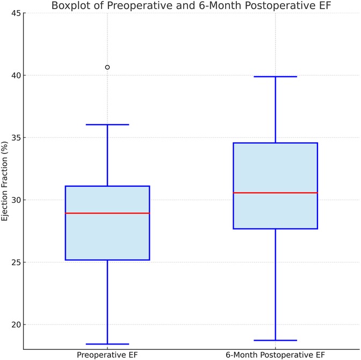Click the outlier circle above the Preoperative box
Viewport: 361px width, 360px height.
107,67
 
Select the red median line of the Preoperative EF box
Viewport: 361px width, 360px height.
107,213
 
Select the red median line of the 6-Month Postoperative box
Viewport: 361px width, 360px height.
275,193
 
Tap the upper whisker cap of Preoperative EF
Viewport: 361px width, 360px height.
107,124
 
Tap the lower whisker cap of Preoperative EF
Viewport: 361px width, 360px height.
107,344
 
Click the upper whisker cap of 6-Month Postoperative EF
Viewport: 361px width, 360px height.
275,77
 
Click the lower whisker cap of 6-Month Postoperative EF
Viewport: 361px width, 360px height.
275,340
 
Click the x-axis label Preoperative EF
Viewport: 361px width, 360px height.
107,355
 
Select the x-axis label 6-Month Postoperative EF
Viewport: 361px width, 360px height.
275,355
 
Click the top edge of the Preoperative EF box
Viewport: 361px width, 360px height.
107,186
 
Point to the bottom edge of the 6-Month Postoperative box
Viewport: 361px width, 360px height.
275,229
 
